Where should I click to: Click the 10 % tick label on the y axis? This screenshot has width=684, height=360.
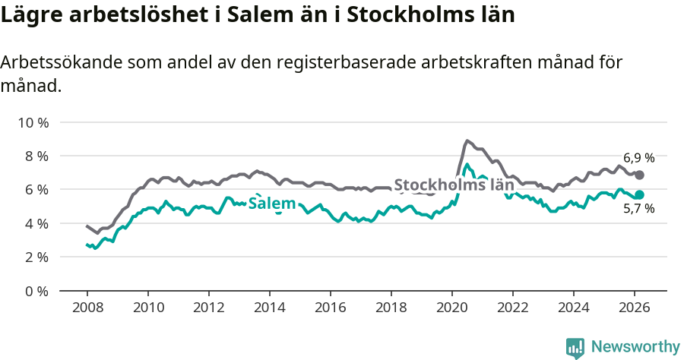click(x=32, y=122)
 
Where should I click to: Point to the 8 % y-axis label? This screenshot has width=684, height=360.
click(x=35, y=156)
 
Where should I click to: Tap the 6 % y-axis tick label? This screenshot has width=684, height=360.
click(x=35, y=189)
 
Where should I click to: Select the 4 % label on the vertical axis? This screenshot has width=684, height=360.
click(x=35, y=223)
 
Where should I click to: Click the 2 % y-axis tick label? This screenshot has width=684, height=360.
click(x=35, y=257)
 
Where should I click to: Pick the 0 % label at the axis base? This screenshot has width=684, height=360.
click(x=35, y=291)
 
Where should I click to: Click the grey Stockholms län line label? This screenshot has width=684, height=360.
click(x=454, y=185)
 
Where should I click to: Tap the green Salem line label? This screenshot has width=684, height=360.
click(x=272, y=204)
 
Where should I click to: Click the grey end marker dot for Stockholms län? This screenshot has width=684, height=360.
click(x=640, y=175)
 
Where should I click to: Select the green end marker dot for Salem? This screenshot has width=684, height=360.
click(x=640, y=194)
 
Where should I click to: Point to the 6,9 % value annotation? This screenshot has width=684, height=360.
click(x=638, y=158)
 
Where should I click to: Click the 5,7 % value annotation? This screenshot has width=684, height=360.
click(x=638, y=209)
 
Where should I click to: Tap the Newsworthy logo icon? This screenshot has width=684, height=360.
click(x=575, y=347)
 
